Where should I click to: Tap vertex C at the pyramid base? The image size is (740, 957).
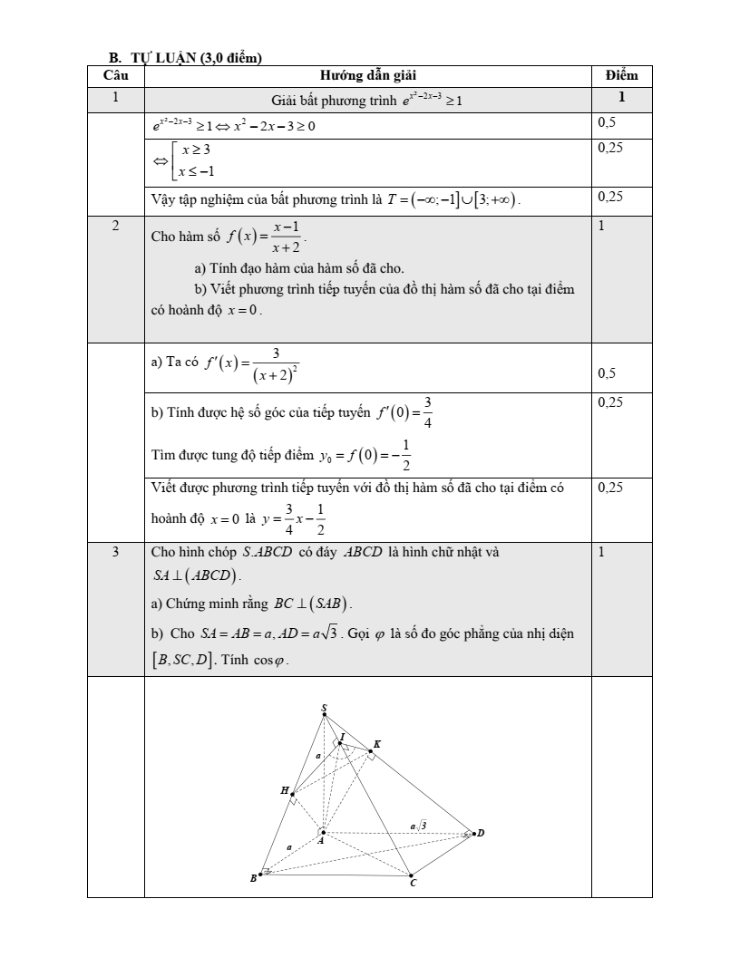411,875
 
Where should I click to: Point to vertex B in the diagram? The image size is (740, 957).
261,875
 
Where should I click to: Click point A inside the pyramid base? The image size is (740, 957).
323,831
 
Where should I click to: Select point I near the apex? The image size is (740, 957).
339,742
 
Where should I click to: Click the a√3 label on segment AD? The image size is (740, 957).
418,825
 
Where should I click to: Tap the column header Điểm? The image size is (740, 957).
621,74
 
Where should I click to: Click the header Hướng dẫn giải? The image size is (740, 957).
368,74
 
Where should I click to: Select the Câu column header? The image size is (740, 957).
115,74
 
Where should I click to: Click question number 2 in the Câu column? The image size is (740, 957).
115,226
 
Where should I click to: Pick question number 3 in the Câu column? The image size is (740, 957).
115,552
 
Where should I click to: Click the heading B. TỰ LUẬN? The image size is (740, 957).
185,59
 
